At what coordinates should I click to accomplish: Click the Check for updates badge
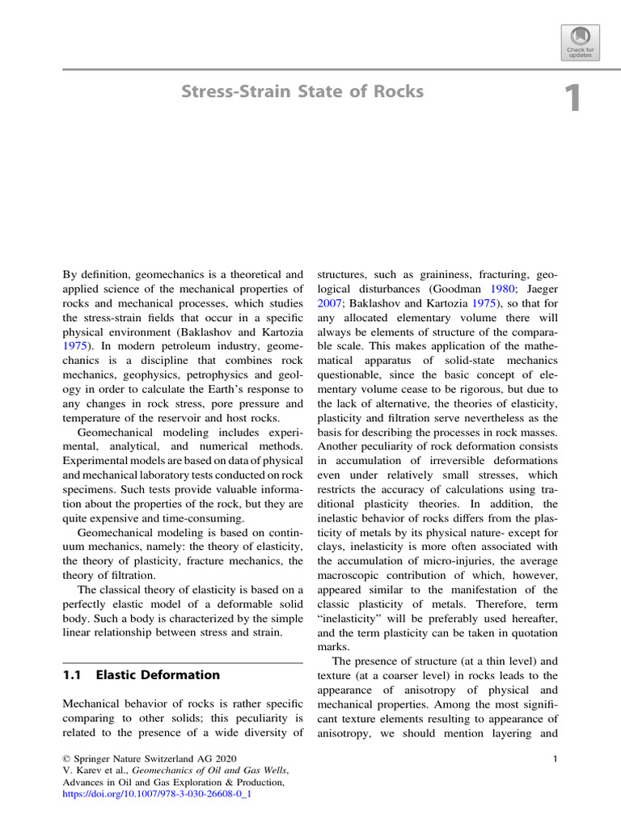coord(578,41)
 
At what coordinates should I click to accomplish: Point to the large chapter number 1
coord(572,99)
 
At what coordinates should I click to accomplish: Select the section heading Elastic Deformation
coord(158,674)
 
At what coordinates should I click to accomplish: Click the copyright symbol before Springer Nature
coord(67,759)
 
